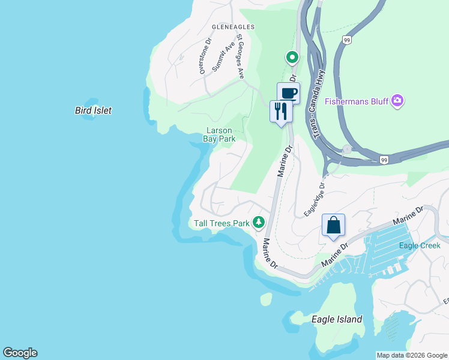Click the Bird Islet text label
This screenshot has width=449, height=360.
click(x=93, y=110)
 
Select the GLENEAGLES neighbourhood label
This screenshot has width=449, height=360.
click(x=233, y=27)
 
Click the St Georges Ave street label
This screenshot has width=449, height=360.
click(x=240, y=56)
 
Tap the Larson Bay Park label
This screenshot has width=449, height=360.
click(x=218, y=134)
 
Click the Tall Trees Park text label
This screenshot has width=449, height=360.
click(x=221, y=223)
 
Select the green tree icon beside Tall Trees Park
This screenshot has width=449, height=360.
click(x=259, y=223)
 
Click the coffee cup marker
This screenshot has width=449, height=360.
click(x=288, y=93)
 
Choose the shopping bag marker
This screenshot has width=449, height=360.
click(x=333, y=226)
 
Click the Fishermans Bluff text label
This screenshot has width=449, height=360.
click(x=357, y=101)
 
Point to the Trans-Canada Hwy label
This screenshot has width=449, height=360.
click(x=317, y=98)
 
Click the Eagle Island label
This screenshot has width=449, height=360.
click(x=337, y=319)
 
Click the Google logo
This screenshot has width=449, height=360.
click(x=20, y=353)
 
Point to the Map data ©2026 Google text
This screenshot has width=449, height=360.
click(x=411, y=355)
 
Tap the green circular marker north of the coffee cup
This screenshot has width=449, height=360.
click(x=292, y=58)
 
